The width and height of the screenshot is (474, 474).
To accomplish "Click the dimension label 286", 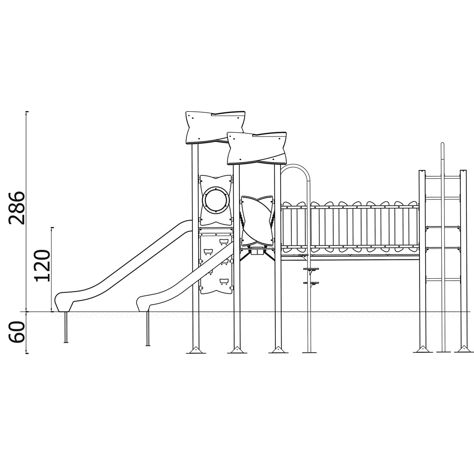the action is point(17,208).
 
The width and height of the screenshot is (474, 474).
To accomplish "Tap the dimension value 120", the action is point(42,266).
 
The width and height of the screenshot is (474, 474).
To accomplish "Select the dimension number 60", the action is point(16,332).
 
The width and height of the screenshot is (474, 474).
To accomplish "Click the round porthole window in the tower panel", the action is point(216,200).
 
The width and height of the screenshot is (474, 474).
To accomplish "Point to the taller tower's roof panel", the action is point(215,127).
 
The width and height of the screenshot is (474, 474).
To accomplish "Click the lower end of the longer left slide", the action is point(64,302).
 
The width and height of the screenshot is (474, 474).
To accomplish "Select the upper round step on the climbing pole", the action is point(311,268).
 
